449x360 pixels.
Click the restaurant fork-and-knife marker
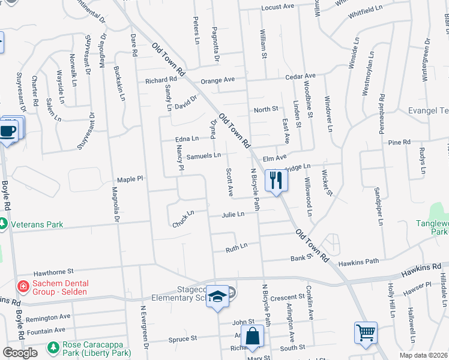point(276,179)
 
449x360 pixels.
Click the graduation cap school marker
point(217,296)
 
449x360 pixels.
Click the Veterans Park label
point(37,224)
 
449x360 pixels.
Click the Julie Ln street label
point(233,214)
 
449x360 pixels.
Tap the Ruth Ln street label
point(236,247)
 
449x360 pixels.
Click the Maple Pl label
point(130,179)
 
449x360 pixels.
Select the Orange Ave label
point(217,80)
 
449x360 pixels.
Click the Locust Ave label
point(277,7)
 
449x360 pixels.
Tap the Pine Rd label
point(399,142)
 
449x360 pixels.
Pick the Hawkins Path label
point(358,262)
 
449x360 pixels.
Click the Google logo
point(20,353)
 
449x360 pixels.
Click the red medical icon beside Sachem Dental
point(23,287)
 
